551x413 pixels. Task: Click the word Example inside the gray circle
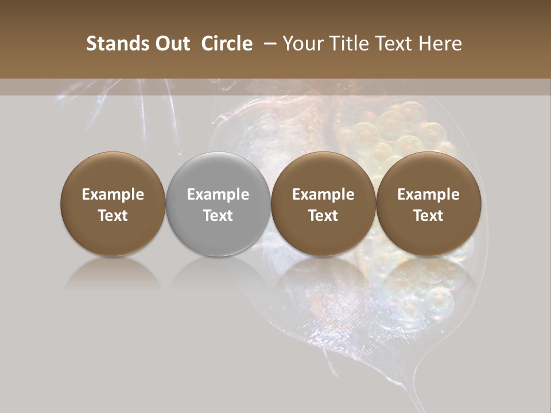coord(218,194)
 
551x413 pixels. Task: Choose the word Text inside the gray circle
coord(218,216)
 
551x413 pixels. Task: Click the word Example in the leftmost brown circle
coord(113,194)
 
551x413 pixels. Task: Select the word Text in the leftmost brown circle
coord(113,216)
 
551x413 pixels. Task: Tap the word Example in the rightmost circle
coord(428,194)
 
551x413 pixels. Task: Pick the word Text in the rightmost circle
coord(428,216)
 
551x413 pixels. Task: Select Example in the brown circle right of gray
coord(323,194)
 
